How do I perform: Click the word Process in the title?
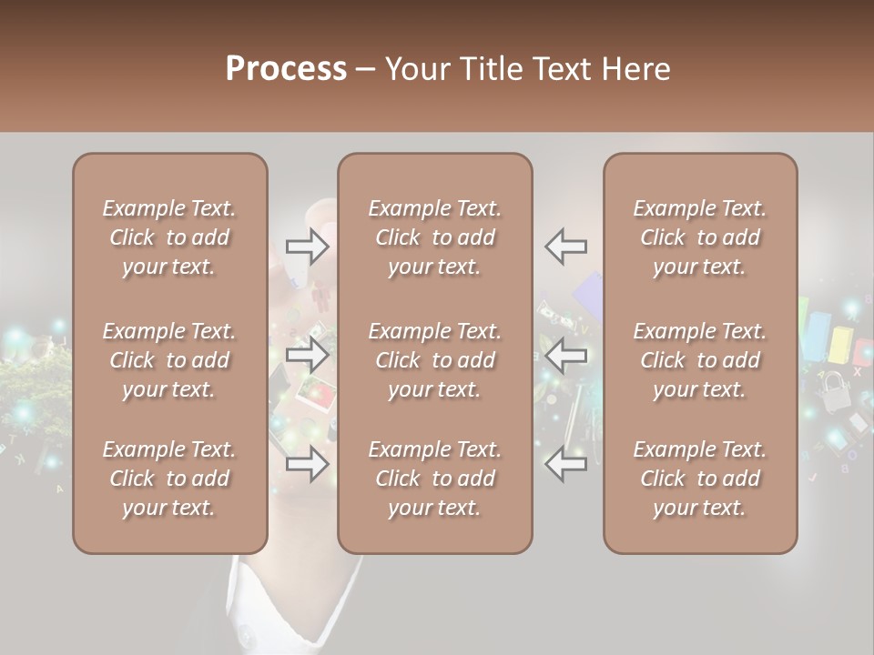[286, 69]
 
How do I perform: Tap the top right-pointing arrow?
[308, 246]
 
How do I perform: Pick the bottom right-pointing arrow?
[308, 464]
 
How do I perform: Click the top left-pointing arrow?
[565, 246]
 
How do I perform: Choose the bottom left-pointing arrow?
[565, 464]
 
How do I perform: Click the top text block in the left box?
[169, 237]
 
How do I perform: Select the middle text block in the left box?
[169, 360]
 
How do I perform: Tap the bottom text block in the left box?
[169, 479]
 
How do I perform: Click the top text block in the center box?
[434, 237]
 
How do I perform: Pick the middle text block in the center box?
[434, 360]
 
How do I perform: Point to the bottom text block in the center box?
[434, 479]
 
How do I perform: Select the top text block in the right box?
[699, 237]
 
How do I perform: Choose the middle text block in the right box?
[699, 360]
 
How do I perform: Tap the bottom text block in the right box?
[699, 479]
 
